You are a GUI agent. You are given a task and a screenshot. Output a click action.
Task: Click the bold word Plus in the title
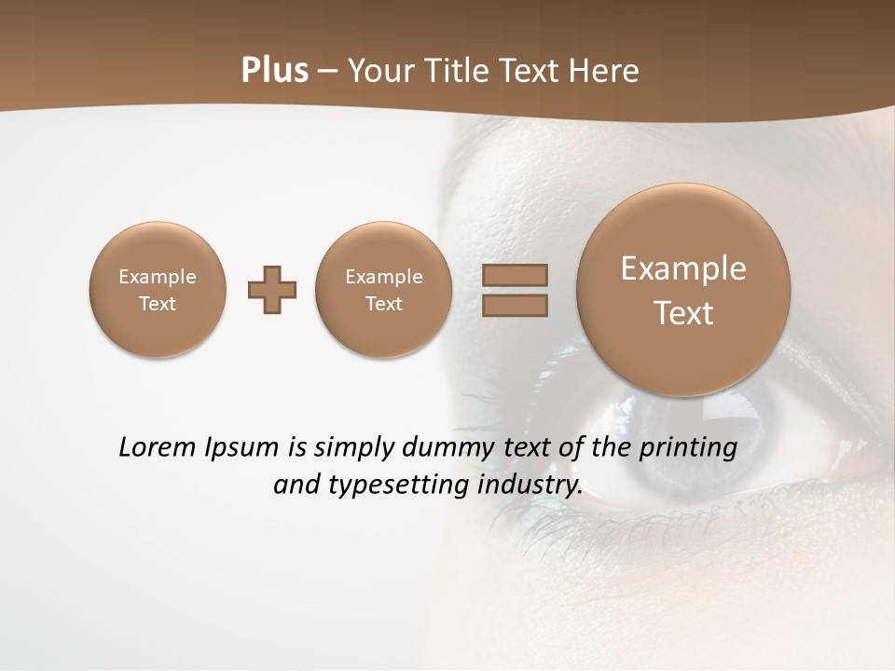274,71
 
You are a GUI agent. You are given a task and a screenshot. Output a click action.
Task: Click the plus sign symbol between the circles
272,290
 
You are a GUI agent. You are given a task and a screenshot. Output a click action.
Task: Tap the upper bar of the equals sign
515,275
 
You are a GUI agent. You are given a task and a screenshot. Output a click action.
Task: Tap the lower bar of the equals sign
515,305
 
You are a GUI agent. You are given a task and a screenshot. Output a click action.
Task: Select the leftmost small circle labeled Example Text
158,290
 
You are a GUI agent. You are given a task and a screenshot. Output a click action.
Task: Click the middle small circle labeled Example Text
384,290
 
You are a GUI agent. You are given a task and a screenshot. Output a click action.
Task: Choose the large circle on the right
683,290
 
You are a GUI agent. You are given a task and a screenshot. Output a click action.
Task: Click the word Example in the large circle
683,268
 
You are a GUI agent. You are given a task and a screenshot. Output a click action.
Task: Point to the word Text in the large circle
683,313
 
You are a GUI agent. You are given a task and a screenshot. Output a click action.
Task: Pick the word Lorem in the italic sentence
152,447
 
